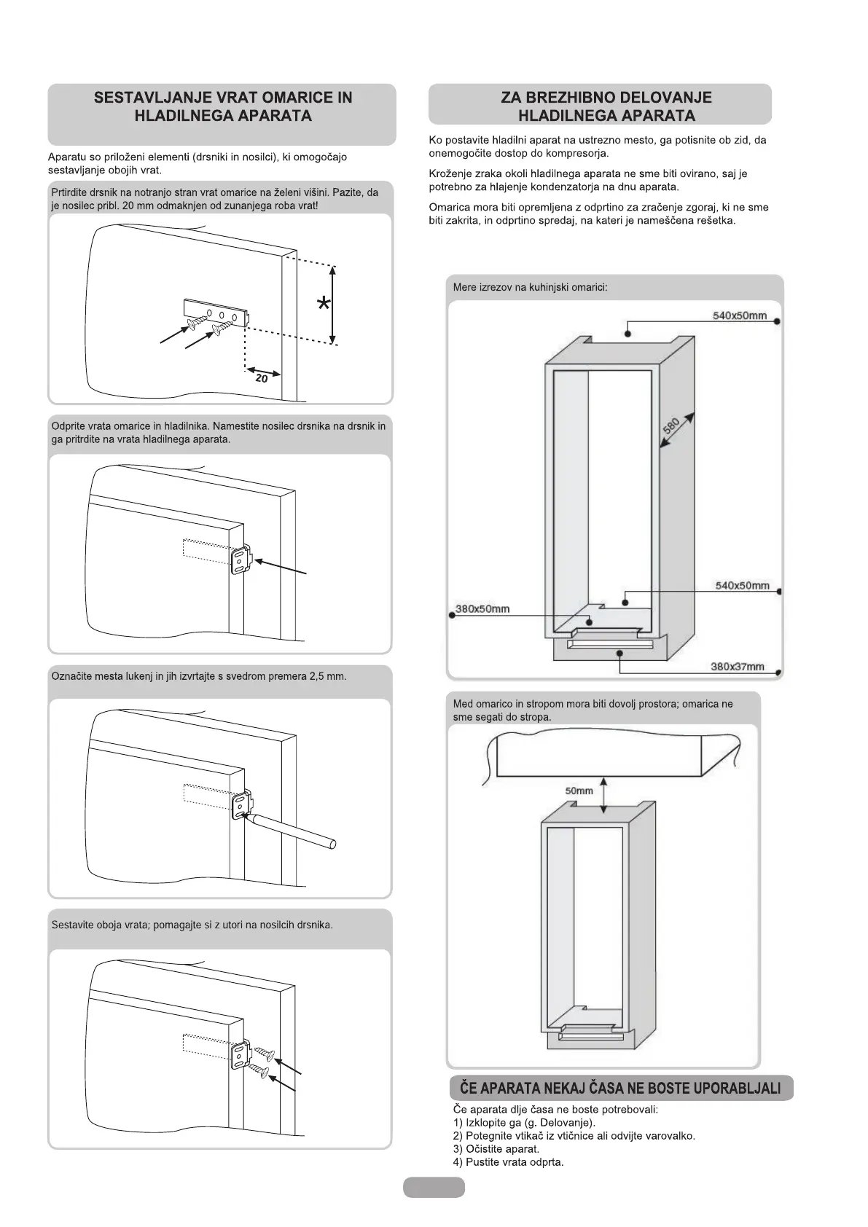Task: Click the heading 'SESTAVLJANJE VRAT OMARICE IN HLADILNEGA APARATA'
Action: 222,106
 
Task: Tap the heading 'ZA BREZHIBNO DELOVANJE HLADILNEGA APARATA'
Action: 606,106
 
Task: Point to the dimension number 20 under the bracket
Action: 262,378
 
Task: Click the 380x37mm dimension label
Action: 737,666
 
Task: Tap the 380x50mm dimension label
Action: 482,608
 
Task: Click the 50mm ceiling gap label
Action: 579,791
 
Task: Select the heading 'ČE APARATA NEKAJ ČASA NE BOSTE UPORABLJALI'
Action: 620,1089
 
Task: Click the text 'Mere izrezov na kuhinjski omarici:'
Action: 530,287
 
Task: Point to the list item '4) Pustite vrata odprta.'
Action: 508,1161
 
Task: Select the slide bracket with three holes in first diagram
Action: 217,310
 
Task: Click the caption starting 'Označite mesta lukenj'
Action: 199,676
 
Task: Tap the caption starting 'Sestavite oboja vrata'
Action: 192,925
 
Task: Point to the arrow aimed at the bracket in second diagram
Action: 283,566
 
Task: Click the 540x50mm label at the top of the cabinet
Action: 739,315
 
